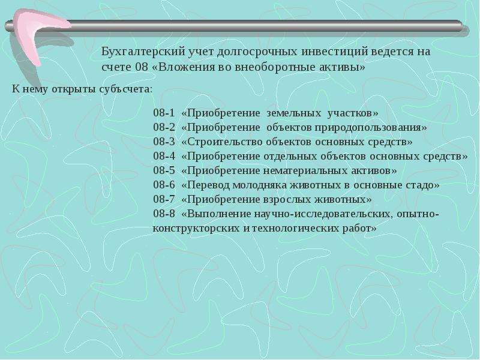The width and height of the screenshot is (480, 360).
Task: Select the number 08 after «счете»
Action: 142,67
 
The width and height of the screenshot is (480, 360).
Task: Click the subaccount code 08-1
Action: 164,113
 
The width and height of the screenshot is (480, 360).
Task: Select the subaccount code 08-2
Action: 164,127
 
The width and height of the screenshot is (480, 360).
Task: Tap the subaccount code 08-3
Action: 164,142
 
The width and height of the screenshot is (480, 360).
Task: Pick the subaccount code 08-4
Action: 164,156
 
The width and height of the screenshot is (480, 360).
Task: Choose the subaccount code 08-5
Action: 164,170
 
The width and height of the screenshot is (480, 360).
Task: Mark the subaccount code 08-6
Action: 164,185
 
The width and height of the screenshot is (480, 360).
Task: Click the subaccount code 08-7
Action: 164,199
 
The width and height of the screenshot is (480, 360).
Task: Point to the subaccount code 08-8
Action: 164,214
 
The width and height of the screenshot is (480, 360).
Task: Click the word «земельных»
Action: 293,113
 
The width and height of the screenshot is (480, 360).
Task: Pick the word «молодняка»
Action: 260,185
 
